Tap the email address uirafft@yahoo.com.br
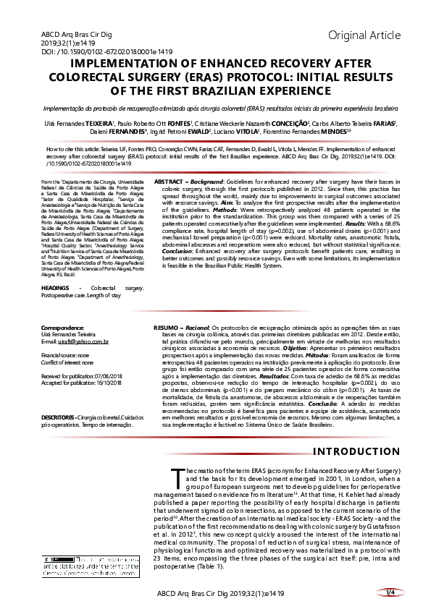pos(78,342)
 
